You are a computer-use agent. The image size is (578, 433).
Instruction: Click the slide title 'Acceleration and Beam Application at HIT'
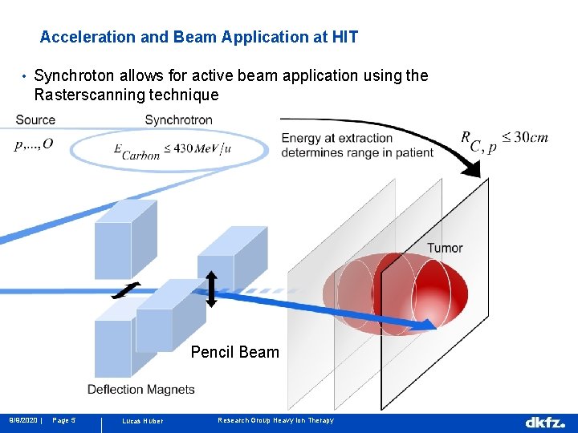click(x=199, y=37)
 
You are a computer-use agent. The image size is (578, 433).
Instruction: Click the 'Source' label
click(x=35, y=120)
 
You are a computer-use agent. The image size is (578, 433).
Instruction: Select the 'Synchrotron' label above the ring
click(x=178, y=120)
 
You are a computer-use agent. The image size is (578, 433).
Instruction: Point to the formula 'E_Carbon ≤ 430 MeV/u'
click(x=173, y=150)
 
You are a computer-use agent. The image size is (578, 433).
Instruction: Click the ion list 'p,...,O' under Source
click(x=34, y=144)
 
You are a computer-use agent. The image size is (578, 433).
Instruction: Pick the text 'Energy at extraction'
click(x=337, y=139)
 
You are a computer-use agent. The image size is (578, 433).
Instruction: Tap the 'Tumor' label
click(x=444, y=248)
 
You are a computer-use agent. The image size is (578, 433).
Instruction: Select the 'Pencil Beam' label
click(x=234, y=352)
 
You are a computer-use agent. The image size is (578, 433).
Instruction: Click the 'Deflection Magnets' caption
click(x=140, y=390)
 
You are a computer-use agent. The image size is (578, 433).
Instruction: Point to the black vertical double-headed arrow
click(x=211, y=289)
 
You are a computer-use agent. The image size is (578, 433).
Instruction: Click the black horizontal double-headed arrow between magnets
click(x=125, y=290)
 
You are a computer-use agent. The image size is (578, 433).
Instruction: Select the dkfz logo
click(x=545, y=422)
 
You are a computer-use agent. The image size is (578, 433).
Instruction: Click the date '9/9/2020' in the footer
click(x=23, y=421)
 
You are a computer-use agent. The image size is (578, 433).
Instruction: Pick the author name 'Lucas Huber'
click(x=141, y=421)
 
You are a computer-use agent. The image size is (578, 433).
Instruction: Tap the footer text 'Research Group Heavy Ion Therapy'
click(x=275, y=421)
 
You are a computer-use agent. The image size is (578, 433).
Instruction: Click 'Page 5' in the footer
click(x=63, y=421)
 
